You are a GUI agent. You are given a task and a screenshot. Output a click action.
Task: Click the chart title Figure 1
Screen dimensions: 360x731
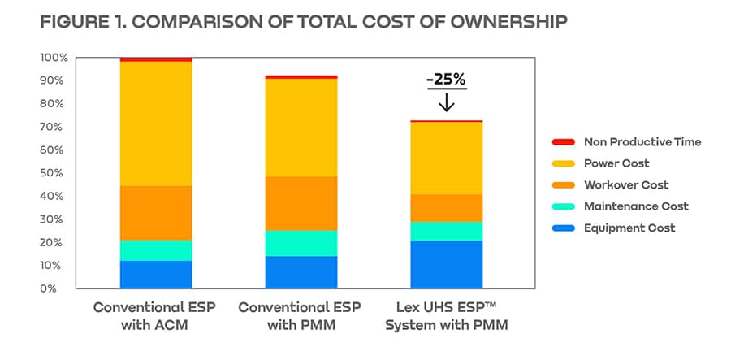[x=303, y=21]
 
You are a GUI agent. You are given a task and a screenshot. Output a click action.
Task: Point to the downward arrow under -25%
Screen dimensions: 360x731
[x=446, y=103]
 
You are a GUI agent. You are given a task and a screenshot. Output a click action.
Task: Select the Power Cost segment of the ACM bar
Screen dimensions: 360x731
[x=156, y=124]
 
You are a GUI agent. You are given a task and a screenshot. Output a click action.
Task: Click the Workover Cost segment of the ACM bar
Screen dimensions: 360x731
[x=156, y=213]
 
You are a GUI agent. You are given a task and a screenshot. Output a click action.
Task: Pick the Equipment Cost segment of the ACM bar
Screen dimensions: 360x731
[x=156, y=275]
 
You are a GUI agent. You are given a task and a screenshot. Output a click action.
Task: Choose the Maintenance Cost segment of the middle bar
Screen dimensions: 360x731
[x=301, y=243]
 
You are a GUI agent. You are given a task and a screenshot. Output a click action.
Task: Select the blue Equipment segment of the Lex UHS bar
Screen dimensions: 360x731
[x=446, y=264]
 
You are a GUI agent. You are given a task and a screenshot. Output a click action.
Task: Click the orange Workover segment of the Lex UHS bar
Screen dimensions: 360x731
[x=446, y=208]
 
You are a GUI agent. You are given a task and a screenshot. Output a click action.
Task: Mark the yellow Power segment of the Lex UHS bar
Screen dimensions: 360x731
[x=446, y=158]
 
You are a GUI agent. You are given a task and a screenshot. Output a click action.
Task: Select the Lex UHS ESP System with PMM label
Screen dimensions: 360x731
[x=446, y=316]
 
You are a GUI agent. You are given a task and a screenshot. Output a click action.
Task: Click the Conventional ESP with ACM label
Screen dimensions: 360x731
[x=156, y=316]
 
